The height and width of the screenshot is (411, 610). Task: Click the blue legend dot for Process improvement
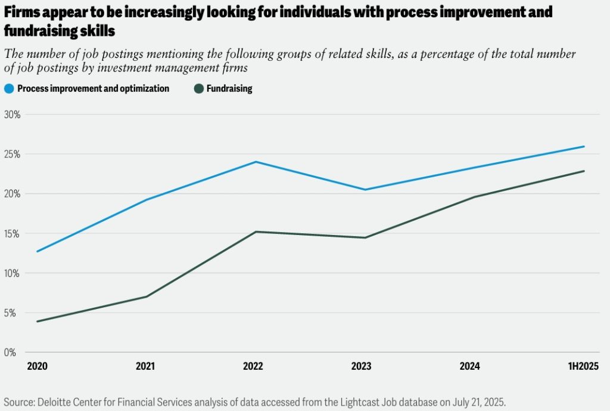tap(8, 89)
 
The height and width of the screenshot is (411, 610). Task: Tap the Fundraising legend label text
tap(229, 89)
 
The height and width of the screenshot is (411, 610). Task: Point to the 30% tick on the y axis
tap(13, 115)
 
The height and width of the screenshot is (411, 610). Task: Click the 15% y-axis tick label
tap(13, 233)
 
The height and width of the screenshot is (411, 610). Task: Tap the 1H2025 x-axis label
tap(581, 366)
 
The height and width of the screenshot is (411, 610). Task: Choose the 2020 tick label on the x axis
tap(38, 366)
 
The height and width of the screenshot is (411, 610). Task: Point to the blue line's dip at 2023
tap(364, 190)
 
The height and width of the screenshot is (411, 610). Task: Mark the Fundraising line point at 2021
tap(147, 296)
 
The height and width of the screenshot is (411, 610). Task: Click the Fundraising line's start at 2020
tap(38, 322)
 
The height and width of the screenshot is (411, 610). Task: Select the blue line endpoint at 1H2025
tap(584, 147)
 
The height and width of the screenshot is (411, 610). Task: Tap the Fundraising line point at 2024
tap(474, 197)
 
